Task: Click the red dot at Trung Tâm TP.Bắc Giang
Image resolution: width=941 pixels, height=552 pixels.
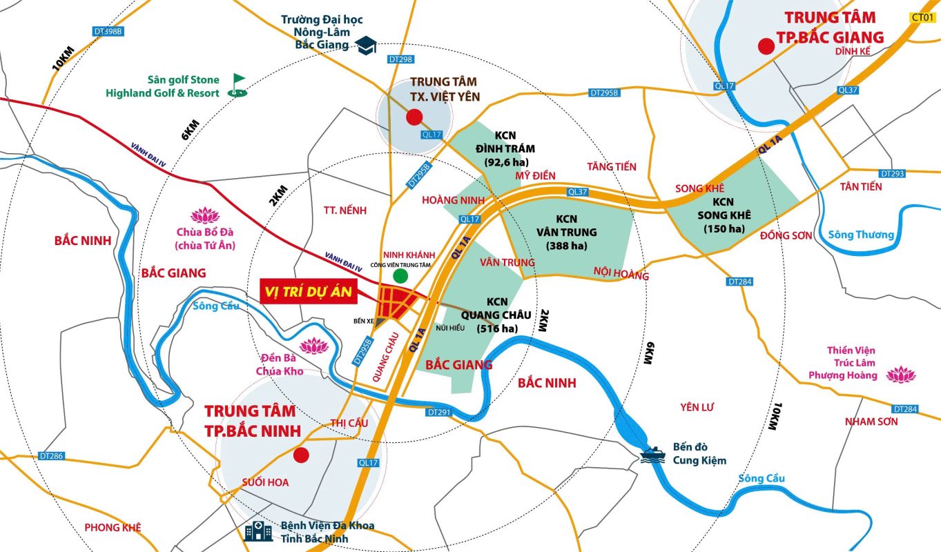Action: pyautogui.click(x=765, y=46)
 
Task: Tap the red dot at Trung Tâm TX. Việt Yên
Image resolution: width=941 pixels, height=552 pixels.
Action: pyautogui.click(x=414, y=118)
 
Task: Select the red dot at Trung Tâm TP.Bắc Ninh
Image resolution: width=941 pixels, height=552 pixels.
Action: pyautogui.click(x=300, y=455)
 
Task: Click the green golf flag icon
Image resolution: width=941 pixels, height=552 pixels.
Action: pyautogui.click(x=237, y=85)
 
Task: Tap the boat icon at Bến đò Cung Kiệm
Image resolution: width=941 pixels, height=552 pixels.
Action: pyautogui.click(x=652, y=454)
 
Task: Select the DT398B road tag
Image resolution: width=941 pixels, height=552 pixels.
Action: pyautogui.click(x=108, y=31)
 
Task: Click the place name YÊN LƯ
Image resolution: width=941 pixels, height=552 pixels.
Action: pyautogui.click(x=696, y=407)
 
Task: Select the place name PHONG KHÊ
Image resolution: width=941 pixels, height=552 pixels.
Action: pyautogui.click(x=113, y=527)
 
